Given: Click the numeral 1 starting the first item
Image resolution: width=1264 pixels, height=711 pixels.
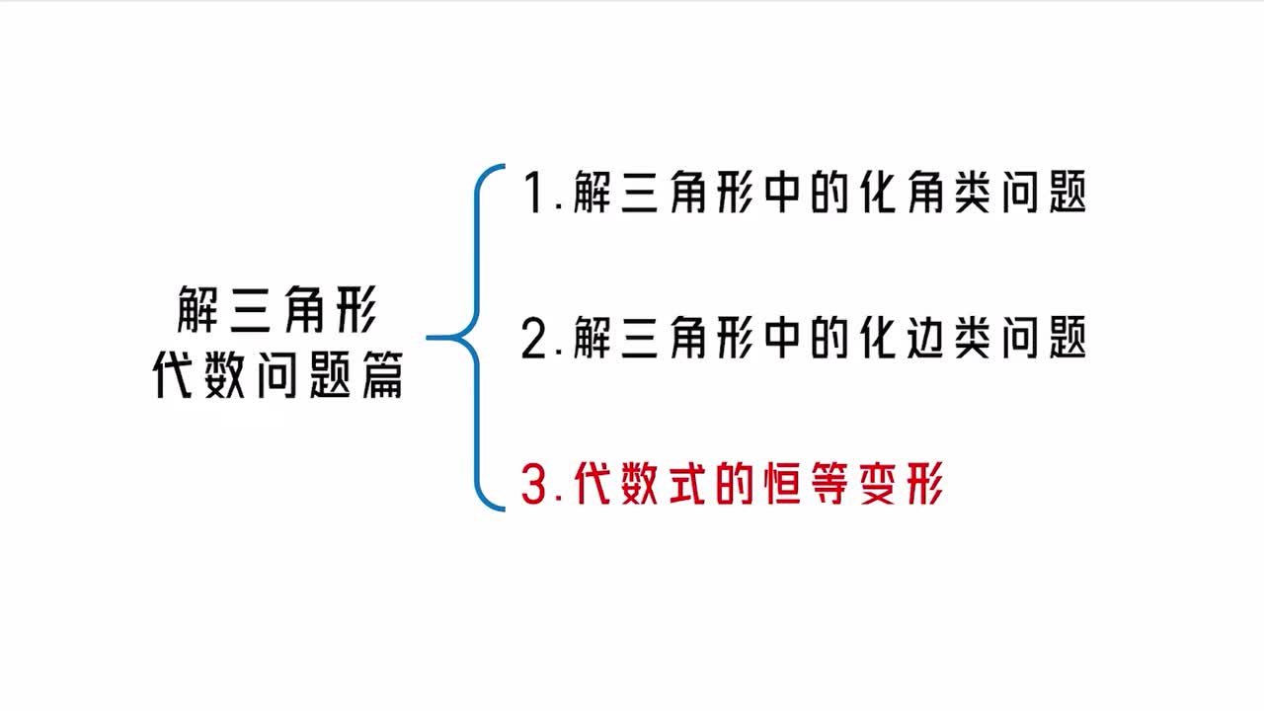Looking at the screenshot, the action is point(534,192).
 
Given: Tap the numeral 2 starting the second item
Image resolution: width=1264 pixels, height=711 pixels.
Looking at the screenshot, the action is point(534,338).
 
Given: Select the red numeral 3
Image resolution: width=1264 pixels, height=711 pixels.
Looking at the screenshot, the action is point(534,483).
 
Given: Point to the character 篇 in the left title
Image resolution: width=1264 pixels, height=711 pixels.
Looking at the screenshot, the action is point(382,374).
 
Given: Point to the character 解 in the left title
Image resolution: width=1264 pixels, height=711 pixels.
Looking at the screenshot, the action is point(198,309).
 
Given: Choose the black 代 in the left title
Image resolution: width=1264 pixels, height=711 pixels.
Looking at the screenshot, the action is point(173,374).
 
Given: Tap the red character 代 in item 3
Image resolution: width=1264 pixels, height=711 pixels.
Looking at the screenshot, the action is point(592,483).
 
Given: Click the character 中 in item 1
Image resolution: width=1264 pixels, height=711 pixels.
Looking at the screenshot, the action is point(782,192).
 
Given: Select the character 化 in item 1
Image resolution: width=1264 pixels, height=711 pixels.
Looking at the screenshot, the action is point(878,192).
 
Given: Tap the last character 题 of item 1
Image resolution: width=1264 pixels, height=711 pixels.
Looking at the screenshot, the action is point(1067,192).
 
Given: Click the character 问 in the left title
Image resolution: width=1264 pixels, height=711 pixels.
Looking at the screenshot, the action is point(277,374).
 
